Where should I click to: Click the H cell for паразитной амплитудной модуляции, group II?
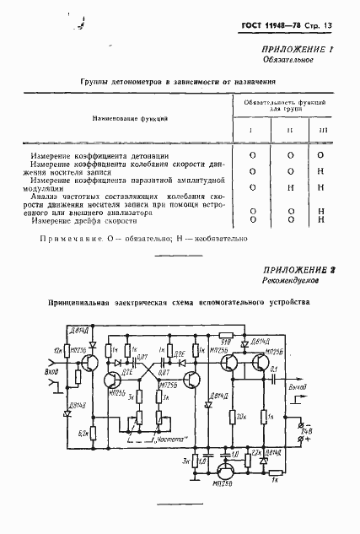click(x=289, y=186)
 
